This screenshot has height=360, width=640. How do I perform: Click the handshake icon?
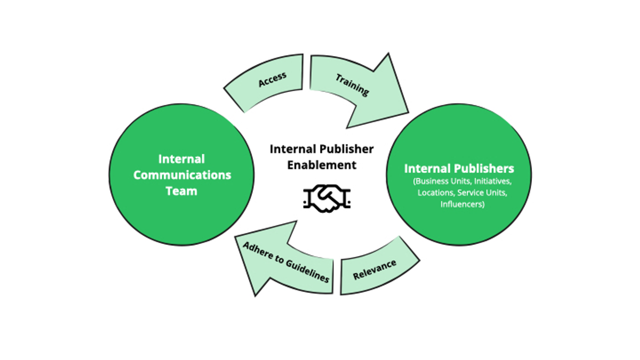pos(326,198)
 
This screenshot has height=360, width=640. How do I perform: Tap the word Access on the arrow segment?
pos(272,79)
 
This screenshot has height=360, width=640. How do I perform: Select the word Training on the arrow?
pos(352,85)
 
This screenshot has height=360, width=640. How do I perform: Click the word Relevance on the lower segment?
pos(374,269)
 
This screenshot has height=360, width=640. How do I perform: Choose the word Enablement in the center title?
pos(321,165)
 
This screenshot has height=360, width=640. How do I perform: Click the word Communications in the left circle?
pos(182,175)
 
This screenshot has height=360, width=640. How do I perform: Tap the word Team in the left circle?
pos(181,191)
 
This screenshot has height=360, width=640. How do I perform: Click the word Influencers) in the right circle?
pos(462,204)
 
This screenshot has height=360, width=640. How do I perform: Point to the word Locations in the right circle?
pos(435,193)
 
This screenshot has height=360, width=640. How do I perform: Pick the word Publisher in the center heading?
pos(346,149)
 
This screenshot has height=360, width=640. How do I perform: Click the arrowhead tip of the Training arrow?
pos(408,112)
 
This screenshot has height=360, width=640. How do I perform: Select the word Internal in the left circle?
pos(181,159)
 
